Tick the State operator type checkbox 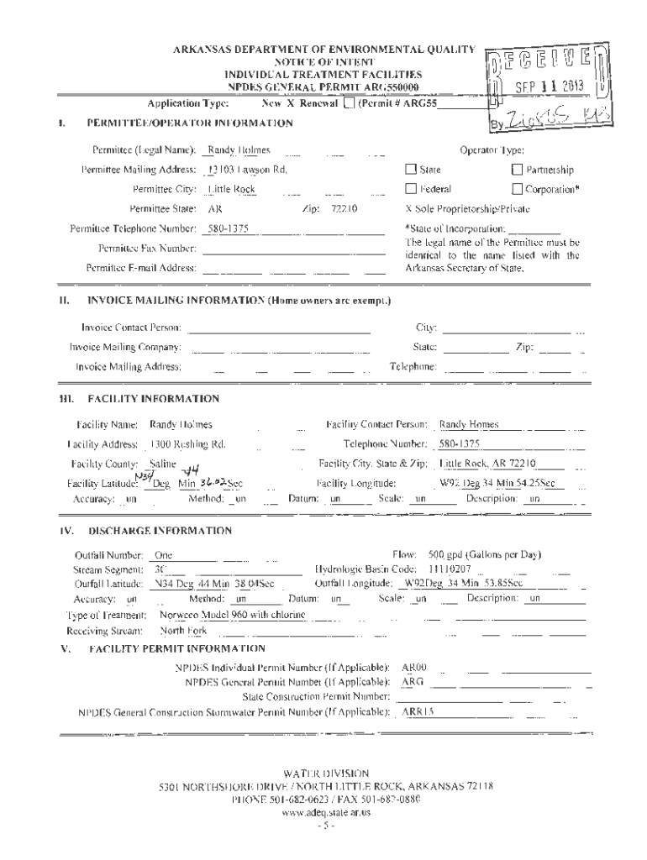pyautogui.click(x=412, y=170)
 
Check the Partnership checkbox pyautogui.click(x=518, y=170)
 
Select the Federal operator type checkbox pyautogui.click(x=412, y=189)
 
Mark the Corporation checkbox pyautogui.click(x=518, y=189)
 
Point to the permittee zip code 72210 pyautogui.click(x=345, y=207)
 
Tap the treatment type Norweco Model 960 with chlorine pyautogui.click(x=232, y=615)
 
